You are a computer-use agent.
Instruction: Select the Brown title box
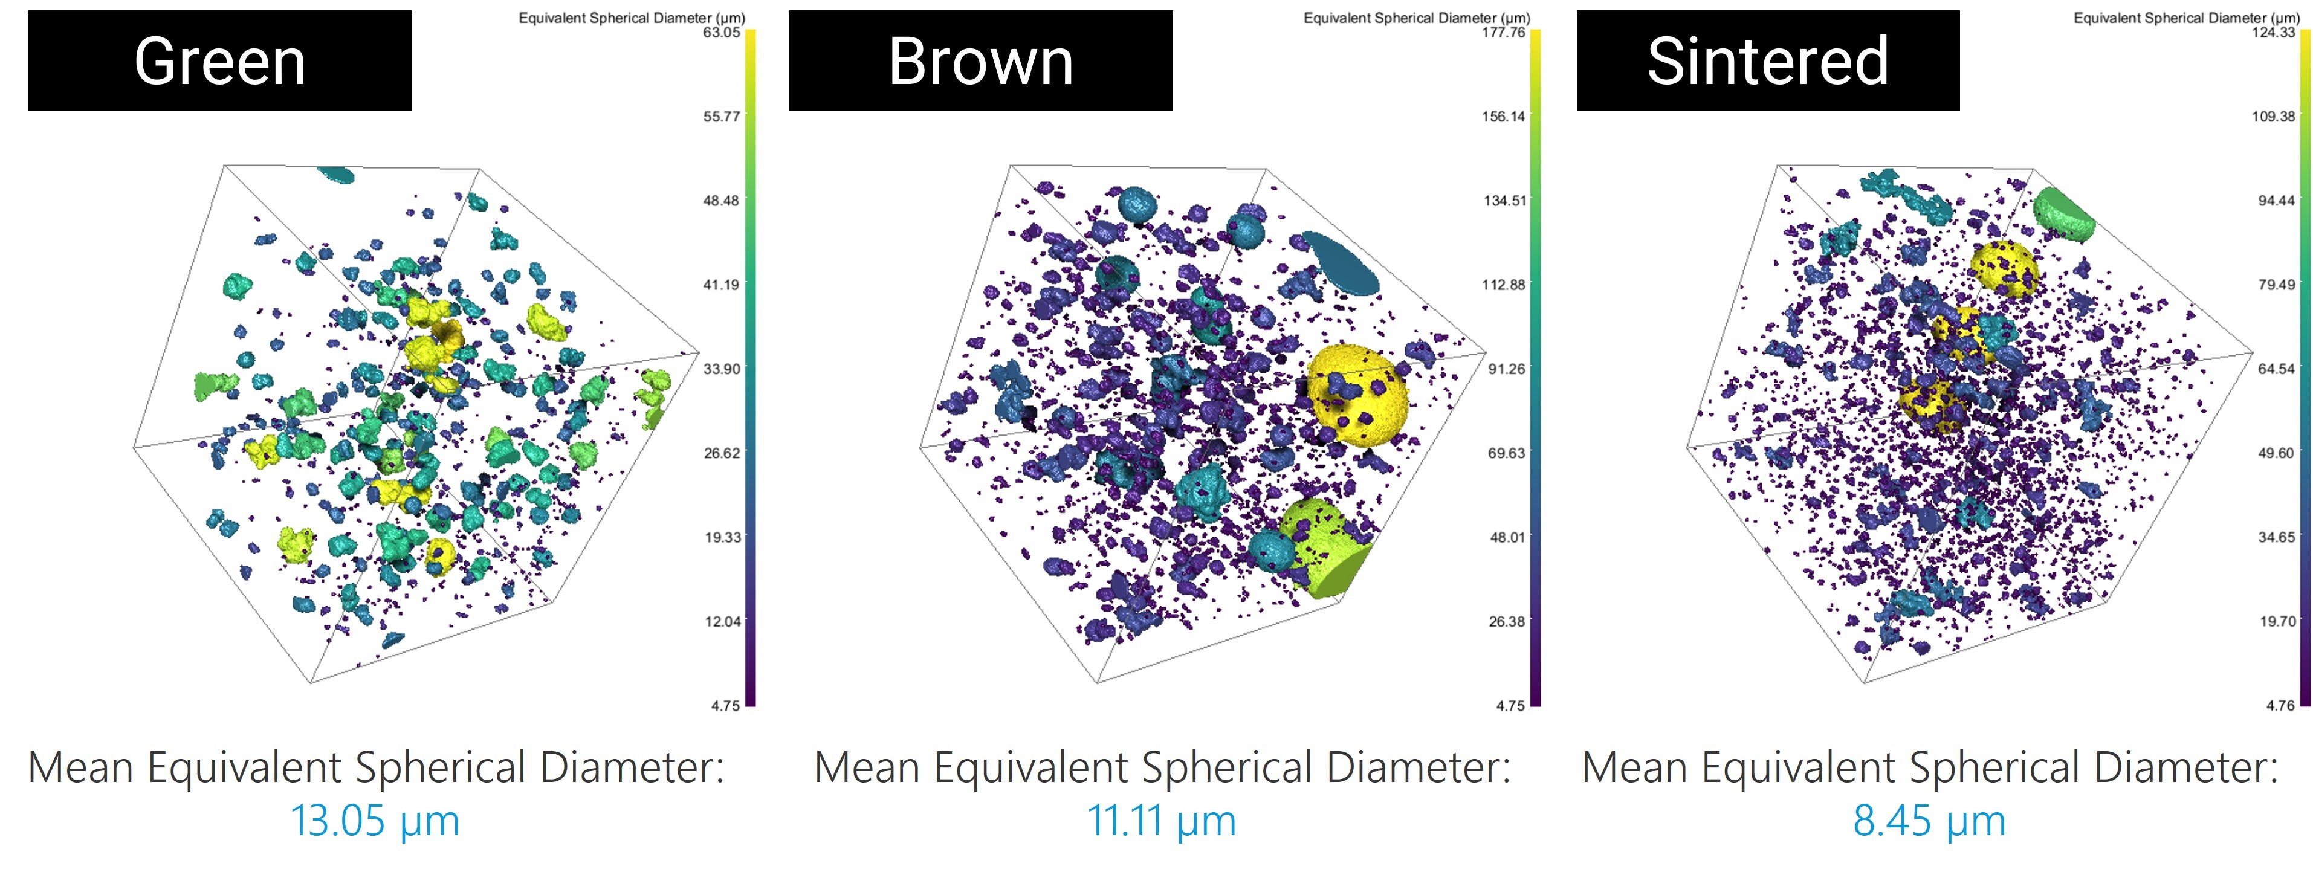(x=980, y=61)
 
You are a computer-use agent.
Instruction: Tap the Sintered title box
(x=1767, y=61)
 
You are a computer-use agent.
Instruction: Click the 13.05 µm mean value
(x=375, y=821)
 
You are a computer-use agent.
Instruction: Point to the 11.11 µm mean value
(x=1161, y=821)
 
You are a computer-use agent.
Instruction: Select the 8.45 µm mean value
(x=1929, y=821)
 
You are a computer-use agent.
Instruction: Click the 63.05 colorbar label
(x=722, y=33)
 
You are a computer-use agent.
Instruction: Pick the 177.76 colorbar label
(x=1505, y=33)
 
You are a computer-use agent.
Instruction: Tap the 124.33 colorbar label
(x=2274, y=33)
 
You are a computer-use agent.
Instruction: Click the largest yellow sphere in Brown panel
(x=1356, y=395)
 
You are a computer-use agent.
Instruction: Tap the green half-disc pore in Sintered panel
(x=2063, y=216)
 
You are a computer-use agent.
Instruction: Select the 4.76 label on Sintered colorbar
(x=2280, y=706)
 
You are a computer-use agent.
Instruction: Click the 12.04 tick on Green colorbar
(x=722, y=621)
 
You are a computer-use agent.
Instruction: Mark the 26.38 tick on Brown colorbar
(x=1507, y=621)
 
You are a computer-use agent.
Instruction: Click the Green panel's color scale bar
(x=751, y=368)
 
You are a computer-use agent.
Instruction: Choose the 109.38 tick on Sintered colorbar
(x=2274, y=117)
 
